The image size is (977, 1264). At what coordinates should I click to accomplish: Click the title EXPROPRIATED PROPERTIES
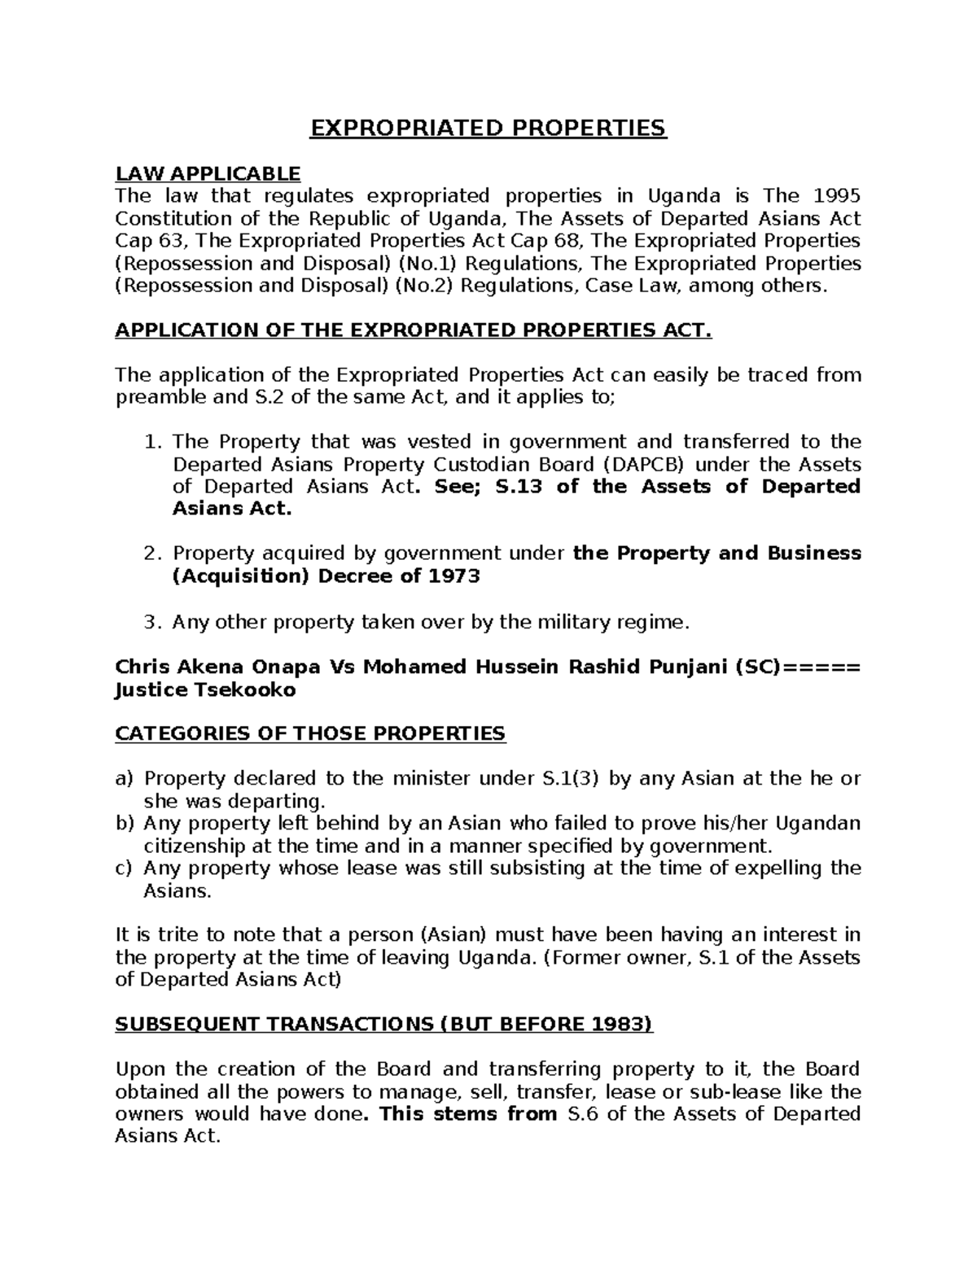click(x=488, y=129)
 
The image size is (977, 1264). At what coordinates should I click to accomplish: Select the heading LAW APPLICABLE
click(x=208, y=173)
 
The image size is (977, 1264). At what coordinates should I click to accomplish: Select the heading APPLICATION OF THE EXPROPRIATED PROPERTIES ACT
click(x=414, y=330)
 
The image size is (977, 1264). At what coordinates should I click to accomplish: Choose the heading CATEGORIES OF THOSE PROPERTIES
click(x=310, y=733)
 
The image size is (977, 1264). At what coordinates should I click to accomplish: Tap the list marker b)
click(x=124, y=823)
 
